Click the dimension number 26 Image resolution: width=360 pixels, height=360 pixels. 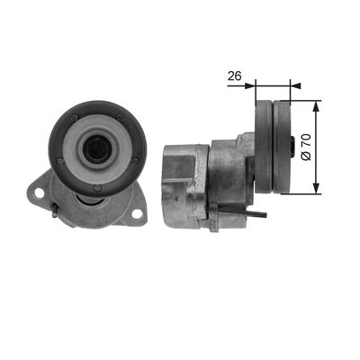click(x=234, y=76)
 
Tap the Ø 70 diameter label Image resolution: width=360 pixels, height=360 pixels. click(x=306, y=148)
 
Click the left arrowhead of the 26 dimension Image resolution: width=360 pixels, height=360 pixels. click(x=250, y=85)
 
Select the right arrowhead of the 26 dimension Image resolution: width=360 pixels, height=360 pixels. click(x=295, y=85)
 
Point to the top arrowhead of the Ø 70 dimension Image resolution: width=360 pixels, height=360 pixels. click(x=316, y=106)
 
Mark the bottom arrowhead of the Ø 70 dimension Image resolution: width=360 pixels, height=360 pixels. click(x=316, y=188)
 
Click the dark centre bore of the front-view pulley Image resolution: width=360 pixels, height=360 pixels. click(x=97, y=148)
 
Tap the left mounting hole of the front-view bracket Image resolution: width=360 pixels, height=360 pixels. click(x=39, y=193)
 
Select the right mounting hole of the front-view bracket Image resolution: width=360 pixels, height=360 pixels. click(x=137, y=214)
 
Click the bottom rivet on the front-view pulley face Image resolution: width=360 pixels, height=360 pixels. click(x=97, y=188)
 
